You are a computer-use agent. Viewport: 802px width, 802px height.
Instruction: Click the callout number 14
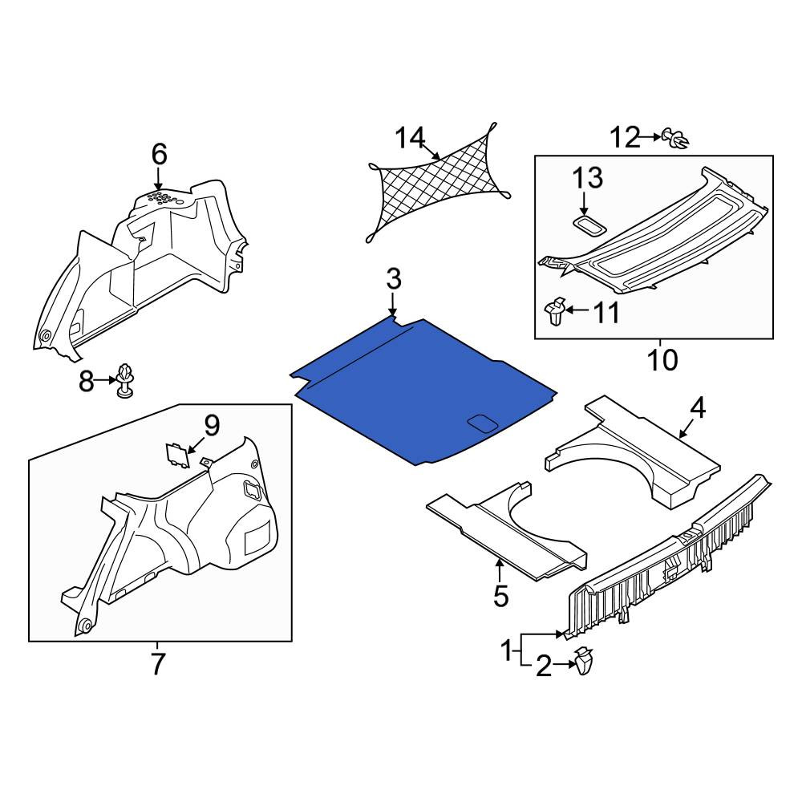coord(410,138)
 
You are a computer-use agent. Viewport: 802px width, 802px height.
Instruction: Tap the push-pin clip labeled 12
coord(675,138)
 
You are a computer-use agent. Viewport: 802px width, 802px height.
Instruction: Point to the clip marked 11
coord(555,311)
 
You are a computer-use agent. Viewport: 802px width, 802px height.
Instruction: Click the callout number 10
coord(663,360)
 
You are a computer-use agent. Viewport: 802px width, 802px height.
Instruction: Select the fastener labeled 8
coord(124,380)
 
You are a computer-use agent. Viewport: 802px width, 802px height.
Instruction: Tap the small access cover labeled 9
coord(176,455)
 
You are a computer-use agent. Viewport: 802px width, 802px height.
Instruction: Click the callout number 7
coord(157,664)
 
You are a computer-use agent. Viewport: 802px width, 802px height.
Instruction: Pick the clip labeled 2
coord(585,662)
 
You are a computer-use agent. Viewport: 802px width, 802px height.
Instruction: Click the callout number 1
coord(506,651)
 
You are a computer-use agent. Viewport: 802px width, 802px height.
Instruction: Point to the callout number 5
coord(500,597)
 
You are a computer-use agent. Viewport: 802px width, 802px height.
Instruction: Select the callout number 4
coord(698,409)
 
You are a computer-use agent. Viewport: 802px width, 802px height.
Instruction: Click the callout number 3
coord(393,280)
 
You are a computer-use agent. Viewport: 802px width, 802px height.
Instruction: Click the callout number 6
coord(159,154)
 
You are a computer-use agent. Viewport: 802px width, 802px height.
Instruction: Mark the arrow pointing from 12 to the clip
coord(650,137)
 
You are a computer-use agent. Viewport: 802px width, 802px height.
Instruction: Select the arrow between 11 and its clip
coord(578,310)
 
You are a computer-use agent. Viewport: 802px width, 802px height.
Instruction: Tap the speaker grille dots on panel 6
coord(164,198)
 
